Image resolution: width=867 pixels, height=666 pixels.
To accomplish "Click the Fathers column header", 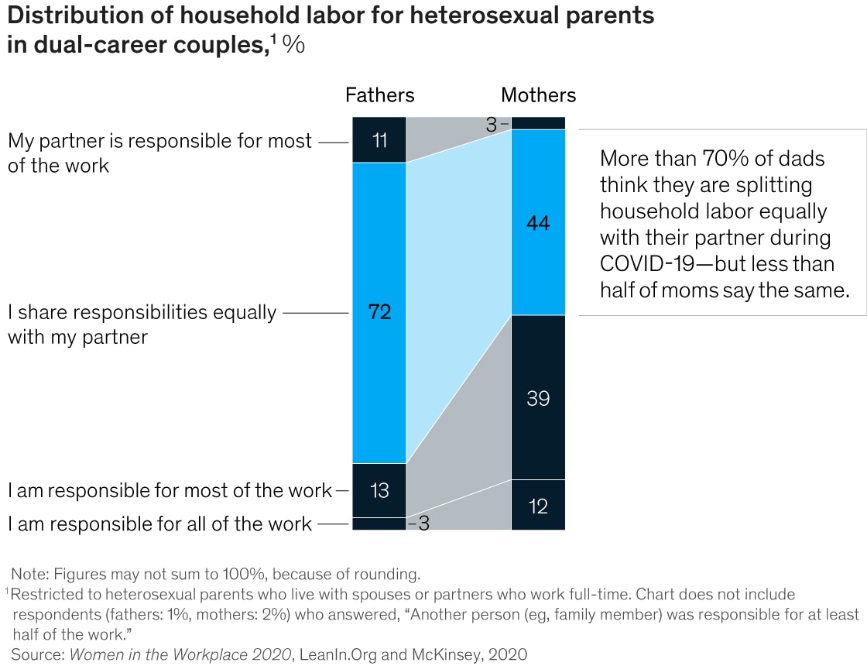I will click(x=379, y=95).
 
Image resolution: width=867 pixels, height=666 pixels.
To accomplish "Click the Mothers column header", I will click(x=538, y=95).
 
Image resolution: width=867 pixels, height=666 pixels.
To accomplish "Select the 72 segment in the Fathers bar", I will click(x=379, y=313).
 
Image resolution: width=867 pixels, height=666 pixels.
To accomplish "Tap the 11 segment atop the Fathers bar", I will click(x=379, y=140).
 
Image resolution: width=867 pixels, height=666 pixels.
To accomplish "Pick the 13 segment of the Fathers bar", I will click(x=379, y=490).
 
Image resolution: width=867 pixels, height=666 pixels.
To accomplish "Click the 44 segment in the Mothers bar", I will click(x=538, y=223).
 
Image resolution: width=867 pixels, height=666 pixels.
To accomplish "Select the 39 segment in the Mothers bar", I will click(x=538, y=398).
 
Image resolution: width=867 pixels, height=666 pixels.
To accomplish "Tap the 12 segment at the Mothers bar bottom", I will click(x=538, y=506).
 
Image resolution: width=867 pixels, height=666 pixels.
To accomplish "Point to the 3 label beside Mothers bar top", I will click(x=492, y=124).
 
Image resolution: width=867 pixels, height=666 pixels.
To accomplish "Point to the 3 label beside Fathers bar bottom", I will click(x=423, y=524).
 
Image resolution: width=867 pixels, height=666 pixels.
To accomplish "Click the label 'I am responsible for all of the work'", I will click(x=160, y=524).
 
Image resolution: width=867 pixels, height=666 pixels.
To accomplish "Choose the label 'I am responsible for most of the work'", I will click(x=170, y=490).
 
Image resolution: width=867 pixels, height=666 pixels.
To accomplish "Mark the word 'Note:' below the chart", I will click(x=29, y=575).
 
